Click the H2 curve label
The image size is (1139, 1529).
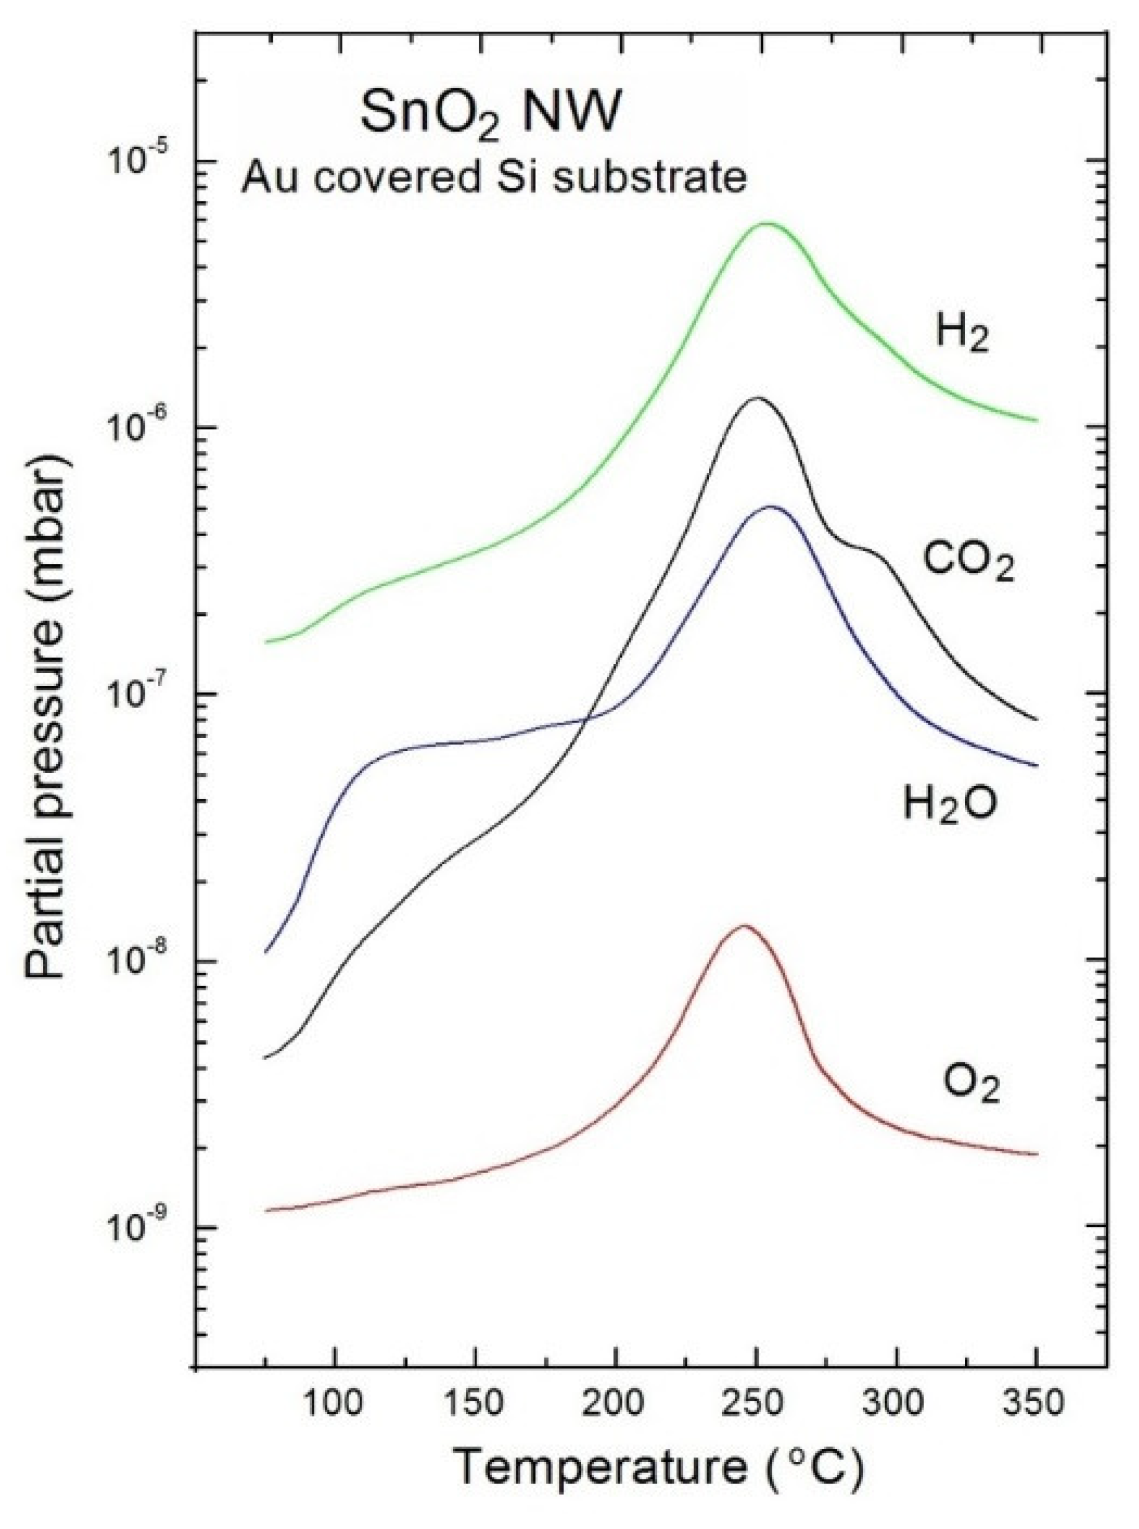pos(963,335)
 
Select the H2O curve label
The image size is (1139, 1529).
pos(950,803)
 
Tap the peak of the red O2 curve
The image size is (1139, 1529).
pos(744,926)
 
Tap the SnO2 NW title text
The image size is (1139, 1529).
pos(487,114)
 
